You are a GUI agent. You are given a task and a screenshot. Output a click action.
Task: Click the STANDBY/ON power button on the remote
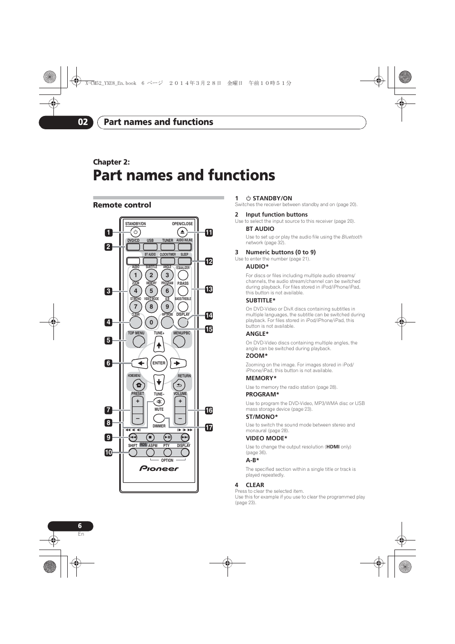pyautogui.click(x=135, y=232)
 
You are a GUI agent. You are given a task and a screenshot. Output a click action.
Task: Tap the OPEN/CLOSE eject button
pyautogui.click(x=182, y=232)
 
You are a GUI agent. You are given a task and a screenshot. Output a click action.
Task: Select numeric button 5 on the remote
pyautogui.click(x=151, y=291)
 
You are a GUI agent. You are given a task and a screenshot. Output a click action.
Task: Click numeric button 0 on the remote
pyautogui.click(x=151, y=322)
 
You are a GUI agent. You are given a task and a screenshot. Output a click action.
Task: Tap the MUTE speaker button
pyautogui.click(x=159, y=402)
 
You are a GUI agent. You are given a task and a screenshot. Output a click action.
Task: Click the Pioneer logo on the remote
pyautogui.click(x=159, y=468)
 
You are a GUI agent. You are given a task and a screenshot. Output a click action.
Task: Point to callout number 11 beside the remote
pyautogui.click(x=209, y=233)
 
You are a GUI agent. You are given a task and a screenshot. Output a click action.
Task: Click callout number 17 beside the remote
pyautogui.click(x=209, y=427)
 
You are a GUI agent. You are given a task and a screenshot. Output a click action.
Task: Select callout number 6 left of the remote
pyautogui.click(x=108, y=363)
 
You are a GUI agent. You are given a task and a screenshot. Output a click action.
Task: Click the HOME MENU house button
pyautogui.click(x=138, y=385)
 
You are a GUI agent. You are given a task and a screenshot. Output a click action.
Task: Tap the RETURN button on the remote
pyautogui.click(x=179, y=385)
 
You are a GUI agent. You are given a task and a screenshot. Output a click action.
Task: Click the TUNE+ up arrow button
pyautogui.click(x=159, y=344)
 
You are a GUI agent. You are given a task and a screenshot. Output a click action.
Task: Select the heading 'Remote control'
pyautogui.click(x=122, y=205)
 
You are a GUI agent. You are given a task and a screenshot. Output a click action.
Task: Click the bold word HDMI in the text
pyautogui.click(x=332, y=447)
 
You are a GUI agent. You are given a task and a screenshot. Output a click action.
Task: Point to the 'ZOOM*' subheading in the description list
pyautogui.click(x=257, y=356)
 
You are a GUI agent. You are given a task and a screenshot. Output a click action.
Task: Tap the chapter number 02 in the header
pyautogui.click(x=83, y=122)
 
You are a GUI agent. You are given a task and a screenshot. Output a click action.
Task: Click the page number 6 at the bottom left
pyautogui.click(x=80, y=526)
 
